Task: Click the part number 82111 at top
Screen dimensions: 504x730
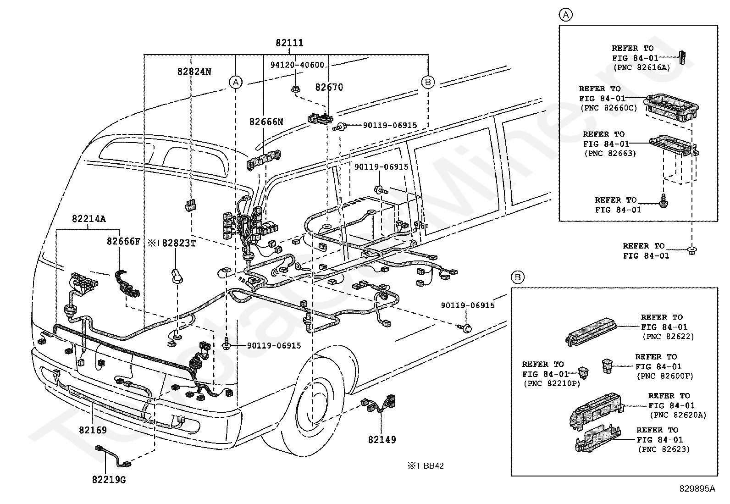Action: tap(289, 43)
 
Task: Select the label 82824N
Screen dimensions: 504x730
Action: tap(194, 72)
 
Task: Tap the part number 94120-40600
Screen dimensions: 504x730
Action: tap(297, 65)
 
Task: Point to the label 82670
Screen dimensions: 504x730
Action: tap(329, 87)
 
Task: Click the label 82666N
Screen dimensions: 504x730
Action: tap(266, 122)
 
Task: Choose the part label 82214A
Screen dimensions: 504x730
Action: tap(88, 219)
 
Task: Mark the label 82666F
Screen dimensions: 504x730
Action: tap(123, 241)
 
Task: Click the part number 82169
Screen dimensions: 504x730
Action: tap(93, 430)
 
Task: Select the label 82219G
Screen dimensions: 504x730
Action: tap(109, 480)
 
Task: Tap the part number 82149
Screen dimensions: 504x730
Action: tap(382, 439)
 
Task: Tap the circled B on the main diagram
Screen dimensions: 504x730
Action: tap(427, 82)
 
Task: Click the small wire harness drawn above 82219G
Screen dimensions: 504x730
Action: tap(113, 455)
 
